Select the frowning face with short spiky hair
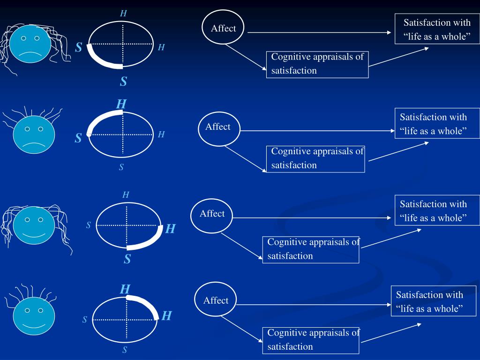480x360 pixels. tap(34, 135)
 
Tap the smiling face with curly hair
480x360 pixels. tap(34, 226)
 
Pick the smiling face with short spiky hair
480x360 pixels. tap(34, 315)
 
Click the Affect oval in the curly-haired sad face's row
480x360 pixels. tap(224, 29)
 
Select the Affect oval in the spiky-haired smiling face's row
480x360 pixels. tap(216, 300)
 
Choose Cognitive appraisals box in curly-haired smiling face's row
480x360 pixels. tap(311, 249)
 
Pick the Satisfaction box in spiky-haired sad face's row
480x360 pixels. tap(433, 124)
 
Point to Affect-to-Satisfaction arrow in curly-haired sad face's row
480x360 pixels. tap(319, 32)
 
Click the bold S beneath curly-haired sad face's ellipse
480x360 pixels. tap(123, 82)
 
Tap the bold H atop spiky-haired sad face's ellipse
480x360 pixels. tap(121, 104)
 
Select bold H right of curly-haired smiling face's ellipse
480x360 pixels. tap(171, 229)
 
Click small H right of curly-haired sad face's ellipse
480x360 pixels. tap(161, 47)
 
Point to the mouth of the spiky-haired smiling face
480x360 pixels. tap(34, 324)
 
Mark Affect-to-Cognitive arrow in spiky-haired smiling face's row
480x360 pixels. tap(241, 328)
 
